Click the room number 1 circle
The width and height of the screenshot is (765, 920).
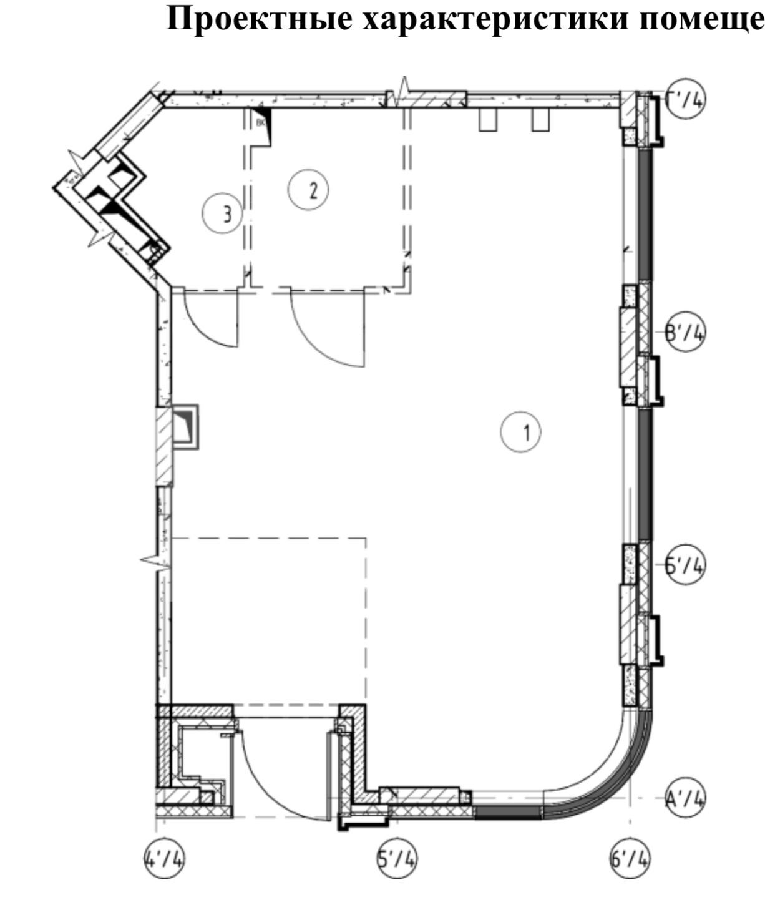pos(521,432)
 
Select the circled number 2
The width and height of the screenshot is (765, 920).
pos(308,189)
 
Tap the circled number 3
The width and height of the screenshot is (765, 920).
pos(222,213)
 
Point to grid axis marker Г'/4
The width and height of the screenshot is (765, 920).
pos(685,100)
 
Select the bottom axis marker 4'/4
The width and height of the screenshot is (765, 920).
pos(164,859)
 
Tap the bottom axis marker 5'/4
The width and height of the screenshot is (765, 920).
pos(397,859)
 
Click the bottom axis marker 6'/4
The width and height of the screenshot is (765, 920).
pos(629,859)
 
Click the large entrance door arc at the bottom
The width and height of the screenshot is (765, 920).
pos(275,780)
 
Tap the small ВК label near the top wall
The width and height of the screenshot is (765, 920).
pos(261,123)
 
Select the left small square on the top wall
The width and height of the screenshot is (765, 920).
pos(489,120)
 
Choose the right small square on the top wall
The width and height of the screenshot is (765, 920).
pos(540,120)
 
